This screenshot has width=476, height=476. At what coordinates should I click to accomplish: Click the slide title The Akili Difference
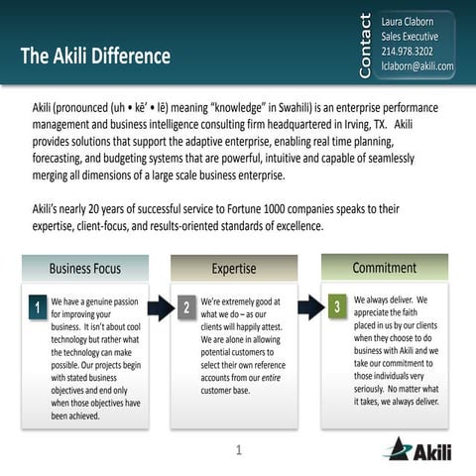tap(95, 56)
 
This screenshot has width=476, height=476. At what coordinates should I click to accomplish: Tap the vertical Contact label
tap(364, 45)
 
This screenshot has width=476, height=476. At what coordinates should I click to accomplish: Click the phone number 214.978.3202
tap(407, 52)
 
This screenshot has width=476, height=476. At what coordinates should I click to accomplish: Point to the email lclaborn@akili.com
tap(416, 66)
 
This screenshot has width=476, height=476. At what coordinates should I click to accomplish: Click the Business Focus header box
tap(85, 268)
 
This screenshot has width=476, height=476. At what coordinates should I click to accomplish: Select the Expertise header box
tap(234, 269)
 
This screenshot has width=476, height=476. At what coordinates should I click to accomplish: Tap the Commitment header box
tap(384, 268)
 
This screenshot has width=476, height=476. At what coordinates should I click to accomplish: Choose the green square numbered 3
tap(337, 306)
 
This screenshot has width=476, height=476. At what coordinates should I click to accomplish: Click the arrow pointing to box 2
tap(161, 307)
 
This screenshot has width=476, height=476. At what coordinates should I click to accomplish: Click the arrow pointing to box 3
tap(310, 304)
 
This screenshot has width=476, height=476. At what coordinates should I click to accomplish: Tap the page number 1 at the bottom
tap(239, 452)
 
